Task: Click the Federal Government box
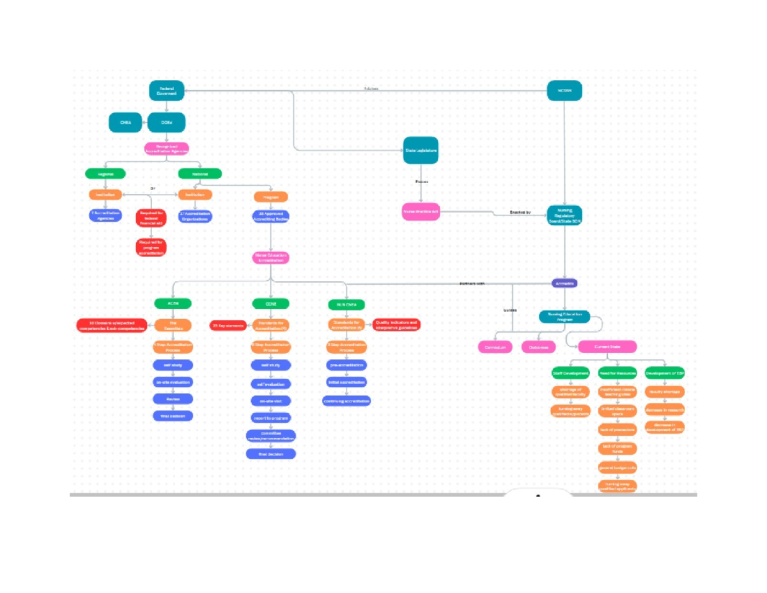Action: [x=167, y=91]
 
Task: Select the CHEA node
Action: [x=125, y=122]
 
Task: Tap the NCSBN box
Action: [x=564, y=91]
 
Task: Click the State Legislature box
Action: [x=421, y=150]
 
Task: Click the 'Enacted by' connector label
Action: [x=520, y=212]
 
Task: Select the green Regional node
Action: [x=105, y=174]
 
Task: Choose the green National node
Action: [x=200, y=174]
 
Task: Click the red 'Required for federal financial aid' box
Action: [x=151, y=218]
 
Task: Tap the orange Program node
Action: [x=270, y=197]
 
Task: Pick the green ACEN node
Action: [x=173, y=303]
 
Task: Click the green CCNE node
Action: [x=270, y=303]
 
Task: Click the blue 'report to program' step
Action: [x=270, y=418]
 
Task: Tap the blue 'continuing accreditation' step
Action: [x=346, y=401]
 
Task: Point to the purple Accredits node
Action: [x=564, y=283]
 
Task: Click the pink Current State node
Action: [x=607, y=347]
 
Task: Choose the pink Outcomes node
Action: [x=538, y=347]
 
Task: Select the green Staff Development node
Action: [x=570, y=374]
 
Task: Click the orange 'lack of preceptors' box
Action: [x=617, y=429]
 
